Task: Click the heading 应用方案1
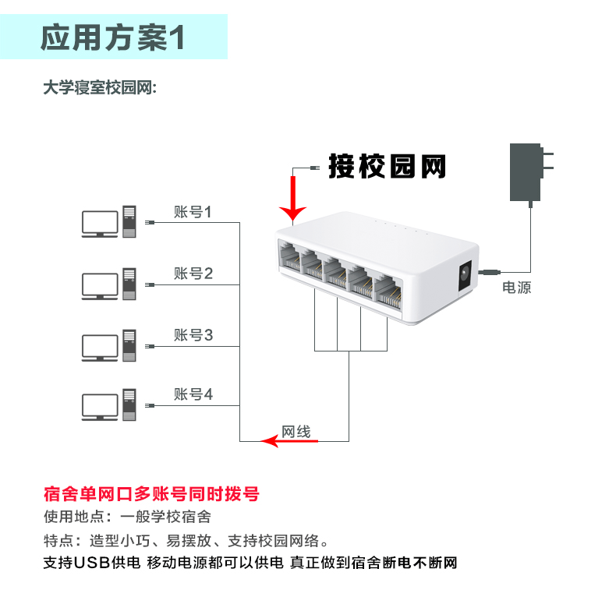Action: [x=113, y=37]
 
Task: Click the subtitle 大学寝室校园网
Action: [x=100, y=88]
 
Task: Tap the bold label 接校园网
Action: [x=387, y=166]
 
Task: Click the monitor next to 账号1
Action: [x=99, y=223]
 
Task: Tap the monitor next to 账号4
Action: [x=99, y=407]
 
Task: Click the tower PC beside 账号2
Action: [x=129, y=284]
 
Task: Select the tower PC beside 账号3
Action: [x=129, y=345]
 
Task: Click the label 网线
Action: [x=296, y=431]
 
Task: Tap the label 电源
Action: [x=516, y=288]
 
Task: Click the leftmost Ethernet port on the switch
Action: [x=290, y=257]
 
